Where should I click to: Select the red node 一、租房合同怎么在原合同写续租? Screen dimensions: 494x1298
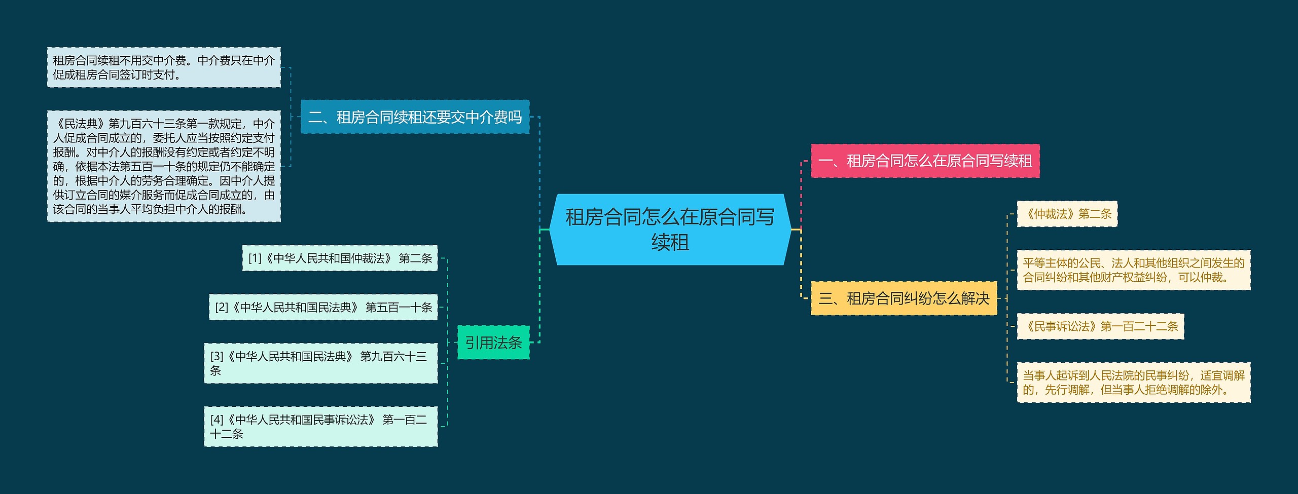[925, 161]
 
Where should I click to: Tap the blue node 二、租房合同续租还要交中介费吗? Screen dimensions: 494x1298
[415, 117]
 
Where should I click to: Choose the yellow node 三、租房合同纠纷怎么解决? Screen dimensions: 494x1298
[904, 298]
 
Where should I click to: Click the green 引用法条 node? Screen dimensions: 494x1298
[493, 343]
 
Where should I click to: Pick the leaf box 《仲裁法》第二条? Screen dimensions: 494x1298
[1067, 214]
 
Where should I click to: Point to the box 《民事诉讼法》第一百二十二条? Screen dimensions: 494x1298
[1100, 326]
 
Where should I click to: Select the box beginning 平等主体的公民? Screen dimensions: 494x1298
[1133, 270]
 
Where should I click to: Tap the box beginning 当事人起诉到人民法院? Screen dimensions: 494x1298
[1133, 383]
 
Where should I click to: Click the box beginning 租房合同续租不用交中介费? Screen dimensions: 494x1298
[164, 67]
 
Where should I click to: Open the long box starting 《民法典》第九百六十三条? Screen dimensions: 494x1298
[164, 166]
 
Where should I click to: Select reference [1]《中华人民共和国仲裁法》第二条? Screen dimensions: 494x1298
[340, 258]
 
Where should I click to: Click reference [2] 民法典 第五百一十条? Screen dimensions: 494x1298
[323, 307]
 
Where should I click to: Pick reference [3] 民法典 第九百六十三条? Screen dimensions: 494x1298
[320, 363]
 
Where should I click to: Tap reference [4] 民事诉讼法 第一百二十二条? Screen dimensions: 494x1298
[320, 427]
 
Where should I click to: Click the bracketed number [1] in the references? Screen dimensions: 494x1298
[255, 258]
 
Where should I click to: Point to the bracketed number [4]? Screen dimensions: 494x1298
[217, 420]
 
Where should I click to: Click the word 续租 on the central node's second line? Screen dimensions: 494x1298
[670, 243]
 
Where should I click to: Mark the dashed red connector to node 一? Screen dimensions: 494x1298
[801, 193]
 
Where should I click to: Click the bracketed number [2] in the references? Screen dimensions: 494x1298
[222, 307]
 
